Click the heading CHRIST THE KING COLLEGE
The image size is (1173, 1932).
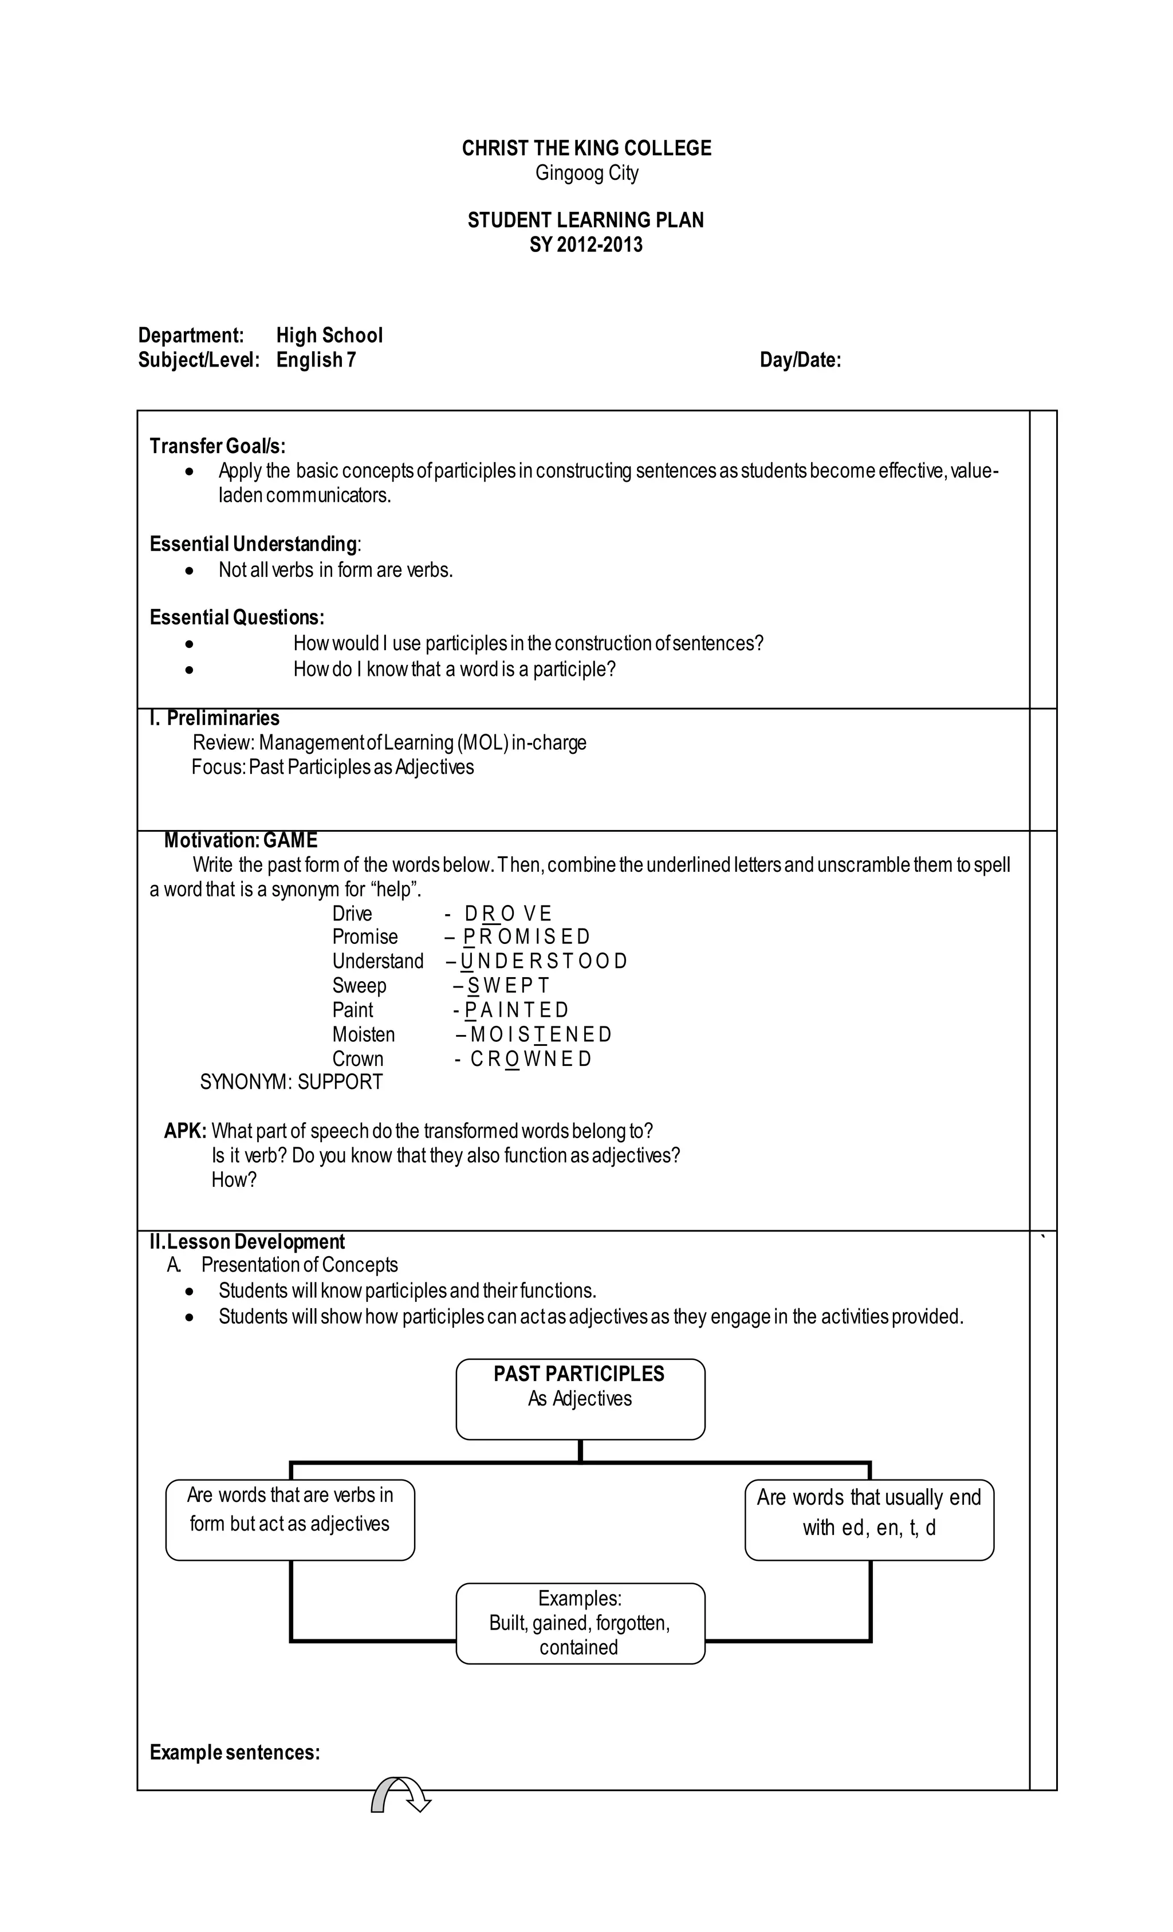(586, 148)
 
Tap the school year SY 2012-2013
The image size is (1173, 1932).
(586, 245)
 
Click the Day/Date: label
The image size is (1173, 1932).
(800, 360)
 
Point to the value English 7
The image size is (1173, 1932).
(316, 360)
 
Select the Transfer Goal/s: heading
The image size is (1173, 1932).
(217, 446)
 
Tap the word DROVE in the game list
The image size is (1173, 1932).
(507, 914)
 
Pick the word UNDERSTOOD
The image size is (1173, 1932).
(544, 961)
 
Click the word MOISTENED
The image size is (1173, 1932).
(540, 1034)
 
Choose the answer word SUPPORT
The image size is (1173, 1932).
(340, 1082)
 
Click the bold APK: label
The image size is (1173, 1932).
(185, 1131)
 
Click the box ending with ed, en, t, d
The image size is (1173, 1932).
(869, 1513)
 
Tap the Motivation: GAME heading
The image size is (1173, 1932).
(240, 840)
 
